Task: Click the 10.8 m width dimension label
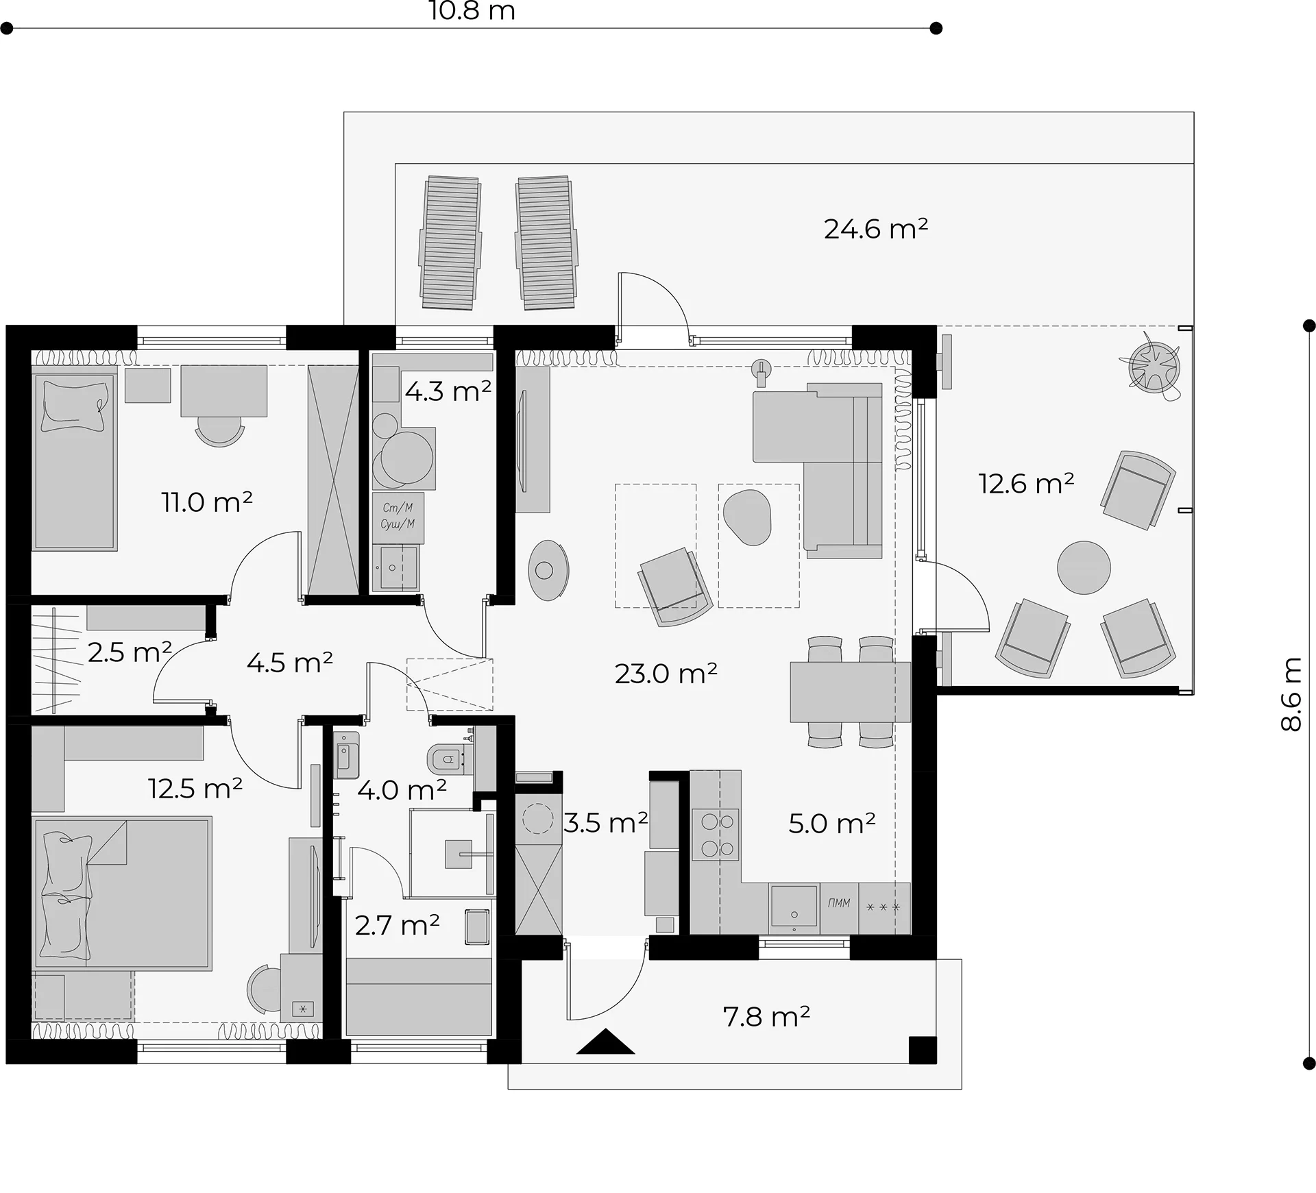point(472,11)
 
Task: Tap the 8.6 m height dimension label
point(1291,694)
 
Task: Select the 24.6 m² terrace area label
point(876,228)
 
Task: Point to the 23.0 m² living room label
point(666,674)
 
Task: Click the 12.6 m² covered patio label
point(1025,484)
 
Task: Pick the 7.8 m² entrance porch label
point(766,1017)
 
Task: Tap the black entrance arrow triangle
point(605,1042)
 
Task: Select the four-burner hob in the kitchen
point(716,835)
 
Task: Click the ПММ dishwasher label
point(839,903)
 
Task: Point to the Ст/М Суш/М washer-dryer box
point(398,518)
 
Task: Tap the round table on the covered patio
point(1084,567)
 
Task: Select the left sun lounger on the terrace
point(450,243)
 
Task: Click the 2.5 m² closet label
point(130,652)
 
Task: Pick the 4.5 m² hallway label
point(289,663)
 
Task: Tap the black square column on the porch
point(922,1050)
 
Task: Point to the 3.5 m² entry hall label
point(605,822)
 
